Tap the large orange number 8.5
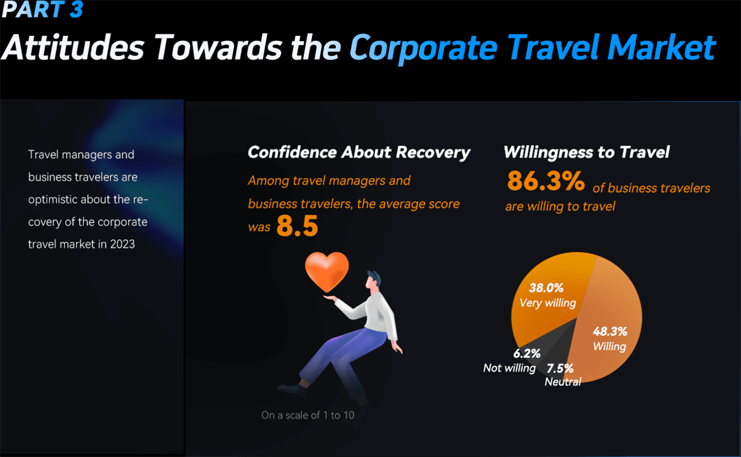coord(297,225)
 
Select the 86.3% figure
coord(546,181)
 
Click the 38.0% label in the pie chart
coord(546,288)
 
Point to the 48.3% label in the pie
coord(610,331)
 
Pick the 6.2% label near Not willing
coord(527,353)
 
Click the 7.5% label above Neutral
coord(560,368)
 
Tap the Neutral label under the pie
coord(563,382)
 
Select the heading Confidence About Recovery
coord(359,152)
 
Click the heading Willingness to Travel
coord(587,152)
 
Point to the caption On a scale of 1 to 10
coord(308,415)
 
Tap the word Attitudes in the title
coord(73,47)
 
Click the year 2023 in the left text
coord(122,244)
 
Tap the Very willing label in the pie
coord(548,303)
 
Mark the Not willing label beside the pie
coord(509,368)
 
